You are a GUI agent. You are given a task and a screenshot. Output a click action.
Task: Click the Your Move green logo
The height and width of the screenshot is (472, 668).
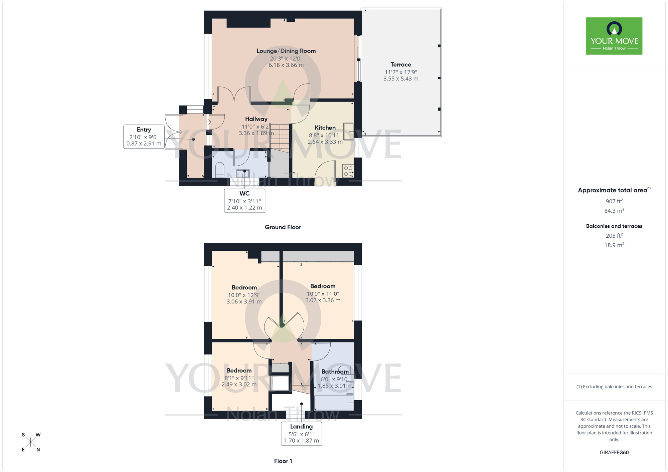(x=614, y=36)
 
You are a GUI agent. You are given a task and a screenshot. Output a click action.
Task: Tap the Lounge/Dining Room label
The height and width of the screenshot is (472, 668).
(x=286, y=51)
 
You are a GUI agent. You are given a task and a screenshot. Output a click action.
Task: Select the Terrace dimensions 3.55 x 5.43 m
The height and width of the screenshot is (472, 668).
(x=400, y=79)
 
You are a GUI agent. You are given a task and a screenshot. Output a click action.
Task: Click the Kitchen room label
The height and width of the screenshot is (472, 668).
(x=325, y=128)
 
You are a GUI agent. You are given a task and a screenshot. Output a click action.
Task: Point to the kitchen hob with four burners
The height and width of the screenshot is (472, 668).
(x=348, y=171)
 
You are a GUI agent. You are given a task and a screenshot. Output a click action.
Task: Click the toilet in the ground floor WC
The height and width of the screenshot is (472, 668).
(x=219, y=170)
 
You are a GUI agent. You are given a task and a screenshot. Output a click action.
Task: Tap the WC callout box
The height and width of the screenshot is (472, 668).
(x=244, y=200)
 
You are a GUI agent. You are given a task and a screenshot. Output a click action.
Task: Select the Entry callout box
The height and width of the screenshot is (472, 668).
(x=144, y=137)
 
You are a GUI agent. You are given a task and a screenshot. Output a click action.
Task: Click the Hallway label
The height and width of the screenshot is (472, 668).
(x=256, y=119)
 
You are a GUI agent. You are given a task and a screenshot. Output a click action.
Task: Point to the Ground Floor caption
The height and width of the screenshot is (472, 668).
(x=283, y=227)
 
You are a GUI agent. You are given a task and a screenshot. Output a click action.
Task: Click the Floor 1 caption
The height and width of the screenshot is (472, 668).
(x=283, y=461)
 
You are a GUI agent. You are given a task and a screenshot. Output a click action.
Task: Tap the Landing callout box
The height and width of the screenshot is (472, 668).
(x=301, y=433)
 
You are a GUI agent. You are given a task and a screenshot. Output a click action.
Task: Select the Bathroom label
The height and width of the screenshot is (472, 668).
(x=335, y=372)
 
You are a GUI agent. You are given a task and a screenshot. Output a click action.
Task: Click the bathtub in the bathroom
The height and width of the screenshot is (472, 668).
(x=334, y=403)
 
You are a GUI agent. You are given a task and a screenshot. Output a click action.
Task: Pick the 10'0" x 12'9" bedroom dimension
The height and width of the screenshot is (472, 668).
(x=244, y=295)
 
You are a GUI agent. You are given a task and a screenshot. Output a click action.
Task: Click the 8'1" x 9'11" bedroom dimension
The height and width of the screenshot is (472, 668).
(x=239, y=378)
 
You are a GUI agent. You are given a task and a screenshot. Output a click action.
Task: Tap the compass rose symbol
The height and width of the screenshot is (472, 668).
(x=30, y=442)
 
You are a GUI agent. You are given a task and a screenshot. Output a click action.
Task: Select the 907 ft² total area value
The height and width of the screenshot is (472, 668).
(x=614, y=201)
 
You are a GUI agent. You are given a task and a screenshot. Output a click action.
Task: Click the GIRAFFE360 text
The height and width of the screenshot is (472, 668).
(x=614, y=453)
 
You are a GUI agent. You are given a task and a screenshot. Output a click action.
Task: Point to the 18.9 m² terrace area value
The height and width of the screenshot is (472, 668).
(x=614, y=245)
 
